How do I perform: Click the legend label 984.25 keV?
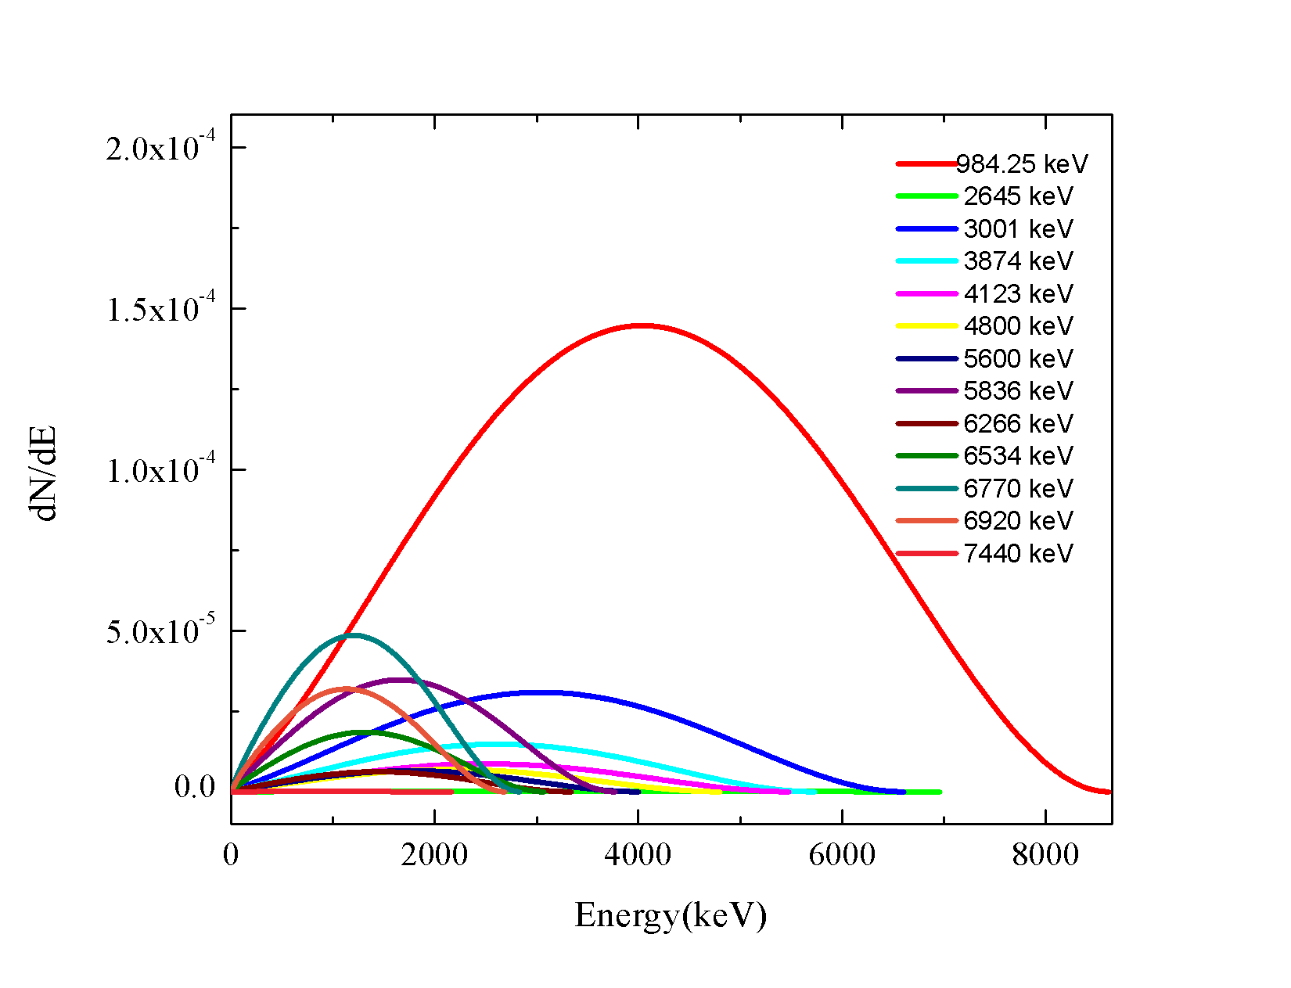point(1022,164)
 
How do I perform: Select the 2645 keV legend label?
point(1018,196)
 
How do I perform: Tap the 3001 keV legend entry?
point(1018,229)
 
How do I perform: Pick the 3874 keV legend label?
point(1018,261)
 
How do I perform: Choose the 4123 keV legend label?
point(1018,294)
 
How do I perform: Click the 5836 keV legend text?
point(1018,391)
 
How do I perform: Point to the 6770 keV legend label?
point(1018,489)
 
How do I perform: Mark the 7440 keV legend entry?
point(1018,554)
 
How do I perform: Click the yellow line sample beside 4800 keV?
point(927,325)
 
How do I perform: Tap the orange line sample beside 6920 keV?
point(927,520)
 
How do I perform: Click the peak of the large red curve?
point(642,325)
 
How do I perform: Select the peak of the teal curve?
point(354,634)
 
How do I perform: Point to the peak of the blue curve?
point(540,692)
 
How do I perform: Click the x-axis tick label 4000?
point(638,854)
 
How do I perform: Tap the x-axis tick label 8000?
point(1045,854)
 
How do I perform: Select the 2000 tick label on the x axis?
point(434,854)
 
